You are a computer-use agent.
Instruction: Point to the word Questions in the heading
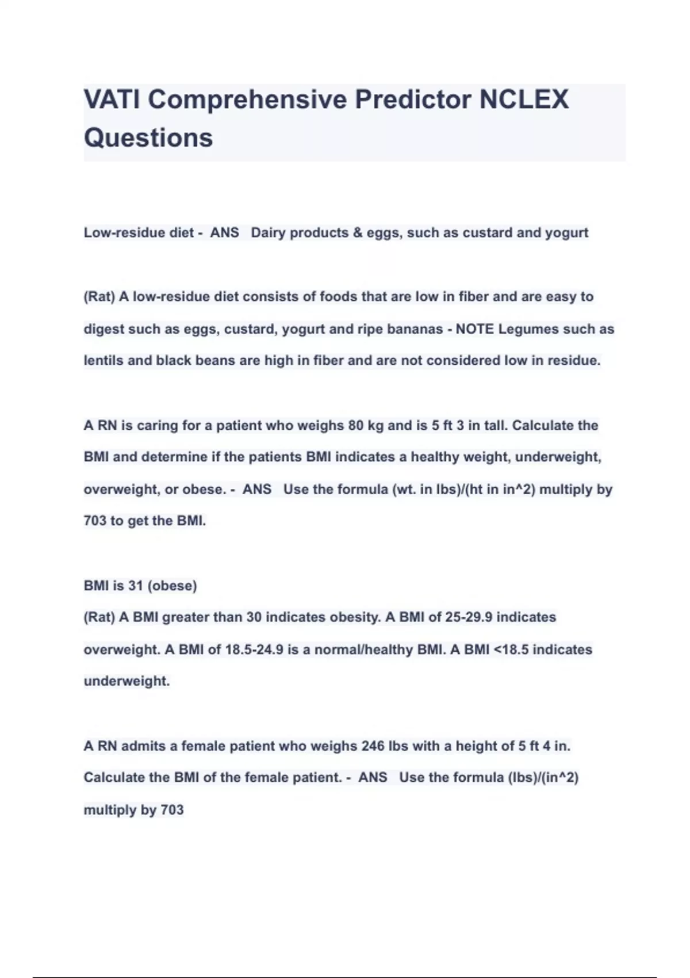point(148,137)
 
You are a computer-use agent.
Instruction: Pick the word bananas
point(415,329)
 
